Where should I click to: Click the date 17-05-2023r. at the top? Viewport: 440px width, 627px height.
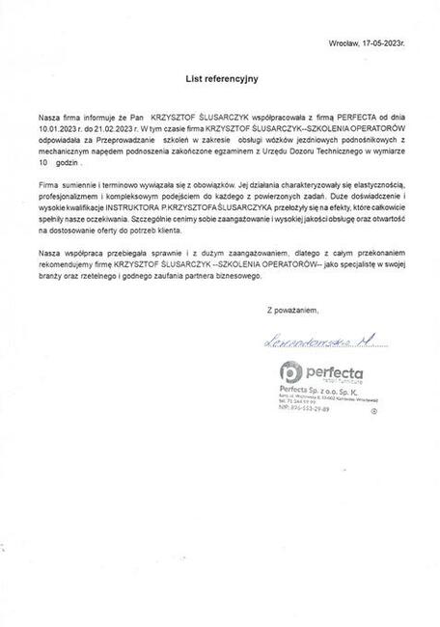click(x=391, y=44)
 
